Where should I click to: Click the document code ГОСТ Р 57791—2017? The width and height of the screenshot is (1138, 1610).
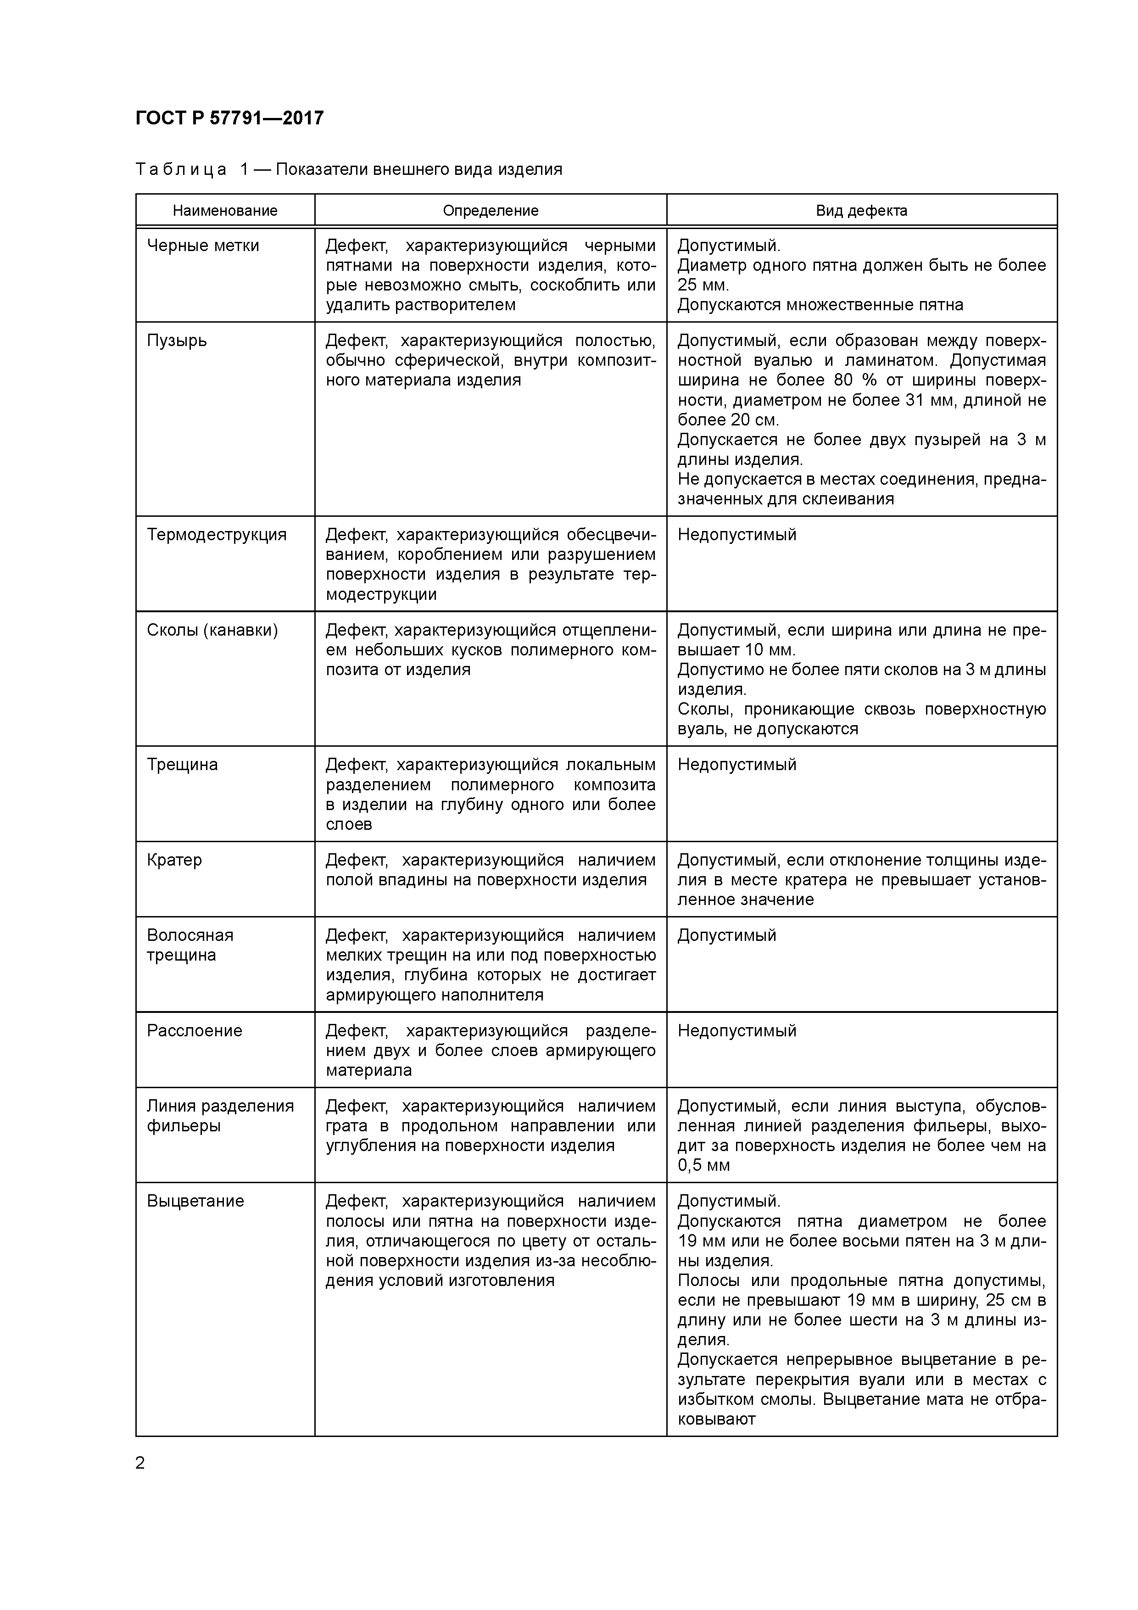[x=229, y=118]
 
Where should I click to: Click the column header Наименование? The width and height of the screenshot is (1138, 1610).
[x=225, y=210]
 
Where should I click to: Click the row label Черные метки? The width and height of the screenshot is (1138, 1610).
[x=203, y=246]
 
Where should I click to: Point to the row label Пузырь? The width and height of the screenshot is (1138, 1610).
[x=177, y=341]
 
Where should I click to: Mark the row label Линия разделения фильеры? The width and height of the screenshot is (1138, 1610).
[x=220, y=1116]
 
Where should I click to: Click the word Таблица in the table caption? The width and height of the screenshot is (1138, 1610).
[x=181, y=170]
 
